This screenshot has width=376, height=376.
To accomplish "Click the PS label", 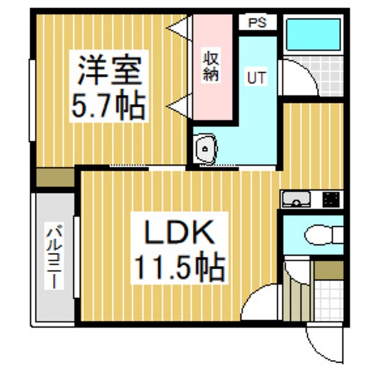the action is (x=257, y=23).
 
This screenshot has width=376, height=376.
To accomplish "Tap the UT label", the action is (x=256, y=77).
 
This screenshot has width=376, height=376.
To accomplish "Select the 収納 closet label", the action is (x=211, y=66).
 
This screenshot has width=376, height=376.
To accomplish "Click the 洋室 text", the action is (x=109, y=70).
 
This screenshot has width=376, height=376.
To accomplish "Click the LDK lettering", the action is (x=179, y=232).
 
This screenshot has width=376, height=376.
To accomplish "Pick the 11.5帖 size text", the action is (x=180, y=267).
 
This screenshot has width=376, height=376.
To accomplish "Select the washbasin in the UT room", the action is (x=206, y=148).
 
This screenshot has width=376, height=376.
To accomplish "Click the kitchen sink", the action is (x=296, y=199).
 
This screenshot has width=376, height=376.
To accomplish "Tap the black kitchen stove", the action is (x=331, y=199).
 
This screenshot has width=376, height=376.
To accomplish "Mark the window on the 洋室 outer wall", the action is (x=32, y=100).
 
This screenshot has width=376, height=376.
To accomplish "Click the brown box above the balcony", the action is (x=55, y=177).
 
